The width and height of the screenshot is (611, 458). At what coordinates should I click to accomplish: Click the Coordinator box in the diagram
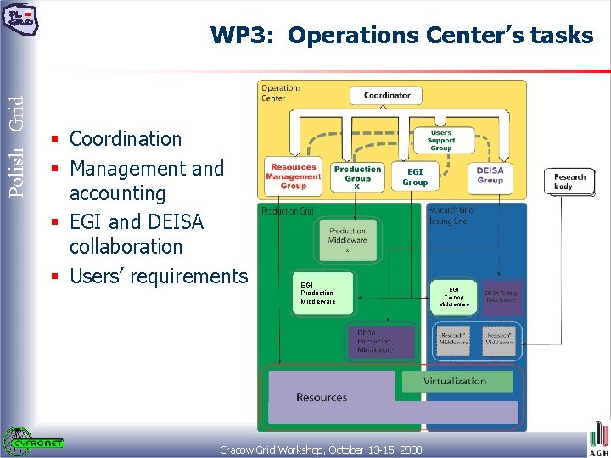pos(387,95)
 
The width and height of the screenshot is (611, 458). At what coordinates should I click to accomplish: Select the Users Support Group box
pos(440,140)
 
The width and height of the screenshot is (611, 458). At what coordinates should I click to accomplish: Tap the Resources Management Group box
pos(293,176)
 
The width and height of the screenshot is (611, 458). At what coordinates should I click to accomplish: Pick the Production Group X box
pos(357,176)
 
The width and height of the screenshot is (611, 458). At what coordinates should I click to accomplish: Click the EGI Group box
pos(415,176)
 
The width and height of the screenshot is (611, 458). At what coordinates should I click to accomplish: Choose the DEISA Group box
pos(490,175)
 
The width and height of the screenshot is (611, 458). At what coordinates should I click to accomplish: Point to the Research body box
pos(569,182)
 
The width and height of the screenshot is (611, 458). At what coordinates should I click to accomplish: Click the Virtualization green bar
pos(455,381)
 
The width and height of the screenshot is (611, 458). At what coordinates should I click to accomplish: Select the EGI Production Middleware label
pos(318,293)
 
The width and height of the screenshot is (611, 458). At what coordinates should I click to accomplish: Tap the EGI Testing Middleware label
pos(454,296)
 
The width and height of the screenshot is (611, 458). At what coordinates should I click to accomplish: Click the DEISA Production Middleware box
pos(379,341)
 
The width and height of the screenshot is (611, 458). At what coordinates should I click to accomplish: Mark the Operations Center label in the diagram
pos(281,92)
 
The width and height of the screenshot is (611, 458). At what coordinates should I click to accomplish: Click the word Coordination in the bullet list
pos(126,139)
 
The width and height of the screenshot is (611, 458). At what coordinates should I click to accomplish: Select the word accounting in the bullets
pos(117,193)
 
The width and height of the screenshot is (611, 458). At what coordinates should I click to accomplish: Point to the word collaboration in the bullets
pos(126,247)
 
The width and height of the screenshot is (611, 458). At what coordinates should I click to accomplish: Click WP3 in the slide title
pos(244,36)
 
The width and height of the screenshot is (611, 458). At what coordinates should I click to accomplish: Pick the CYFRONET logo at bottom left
pos(34,440)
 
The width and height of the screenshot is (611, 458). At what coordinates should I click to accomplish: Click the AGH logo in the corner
pos(598,441)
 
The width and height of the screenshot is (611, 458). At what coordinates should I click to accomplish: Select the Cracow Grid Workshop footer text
pos(322,449)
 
